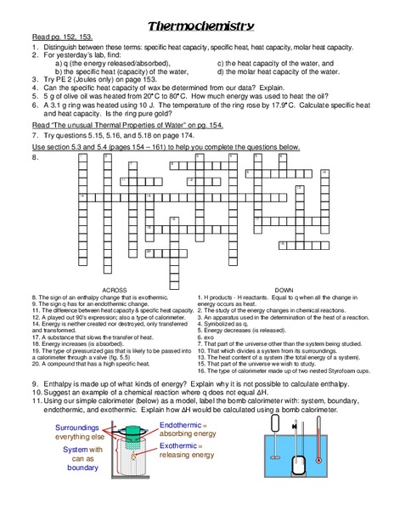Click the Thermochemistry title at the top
point(197,26)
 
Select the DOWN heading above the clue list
point(284,289)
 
